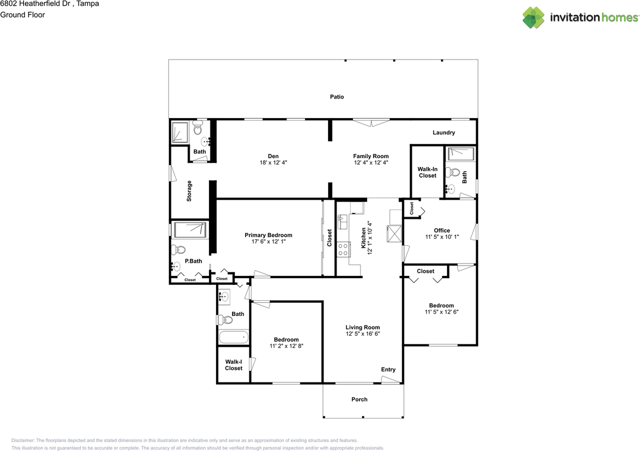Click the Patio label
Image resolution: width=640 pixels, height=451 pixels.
(337, 97)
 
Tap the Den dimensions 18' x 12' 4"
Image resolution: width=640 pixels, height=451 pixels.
(273, 163)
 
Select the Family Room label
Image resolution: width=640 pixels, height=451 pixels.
(371, 156)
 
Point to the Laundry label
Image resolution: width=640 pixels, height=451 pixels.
(443, 133)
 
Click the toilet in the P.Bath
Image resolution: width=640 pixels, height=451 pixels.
(178, 250)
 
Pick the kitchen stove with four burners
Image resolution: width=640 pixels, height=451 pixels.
(343, 249)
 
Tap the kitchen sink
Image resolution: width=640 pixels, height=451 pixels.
(342, 222)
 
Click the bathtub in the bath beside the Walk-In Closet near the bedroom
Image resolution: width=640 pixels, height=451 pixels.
(233, 337)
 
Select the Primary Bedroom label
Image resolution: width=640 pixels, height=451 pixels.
(268, 235)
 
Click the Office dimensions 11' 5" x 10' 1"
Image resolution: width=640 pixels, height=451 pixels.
(442, 237)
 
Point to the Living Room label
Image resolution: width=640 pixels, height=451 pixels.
(362, 327)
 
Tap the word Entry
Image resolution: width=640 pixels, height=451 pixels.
(388, 369)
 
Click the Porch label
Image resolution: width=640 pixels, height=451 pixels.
(359, 399)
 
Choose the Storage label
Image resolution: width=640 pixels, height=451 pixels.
(189, 191)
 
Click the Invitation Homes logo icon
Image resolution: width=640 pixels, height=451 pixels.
(533, 18)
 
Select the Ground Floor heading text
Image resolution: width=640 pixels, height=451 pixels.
(22, 15)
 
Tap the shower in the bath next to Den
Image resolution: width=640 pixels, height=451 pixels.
(180, 133)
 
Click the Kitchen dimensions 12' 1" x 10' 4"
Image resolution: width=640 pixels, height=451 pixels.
(369, 238)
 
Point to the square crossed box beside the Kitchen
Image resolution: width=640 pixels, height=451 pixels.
(394, 234)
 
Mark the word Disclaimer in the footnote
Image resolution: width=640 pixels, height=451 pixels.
(23, 440)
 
